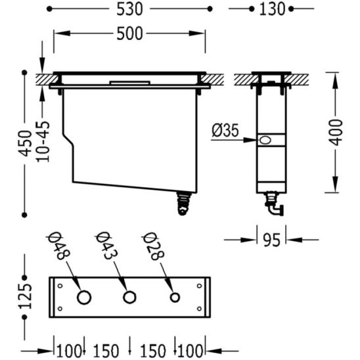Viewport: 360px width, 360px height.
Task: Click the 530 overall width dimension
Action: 131,9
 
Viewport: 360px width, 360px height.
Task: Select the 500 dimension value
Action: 129,34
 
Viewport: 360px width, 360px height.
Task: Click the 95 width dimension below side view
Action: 271,240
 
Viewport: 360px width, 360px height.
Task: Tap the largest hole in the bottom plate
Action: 84,298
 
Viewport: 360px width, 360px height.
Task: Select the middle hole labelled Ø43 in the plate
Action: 129,298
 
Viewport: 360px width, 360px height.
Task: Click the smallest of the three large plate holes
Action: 175,298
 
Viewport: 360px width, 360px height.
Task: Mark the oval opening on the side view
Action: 266,141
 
